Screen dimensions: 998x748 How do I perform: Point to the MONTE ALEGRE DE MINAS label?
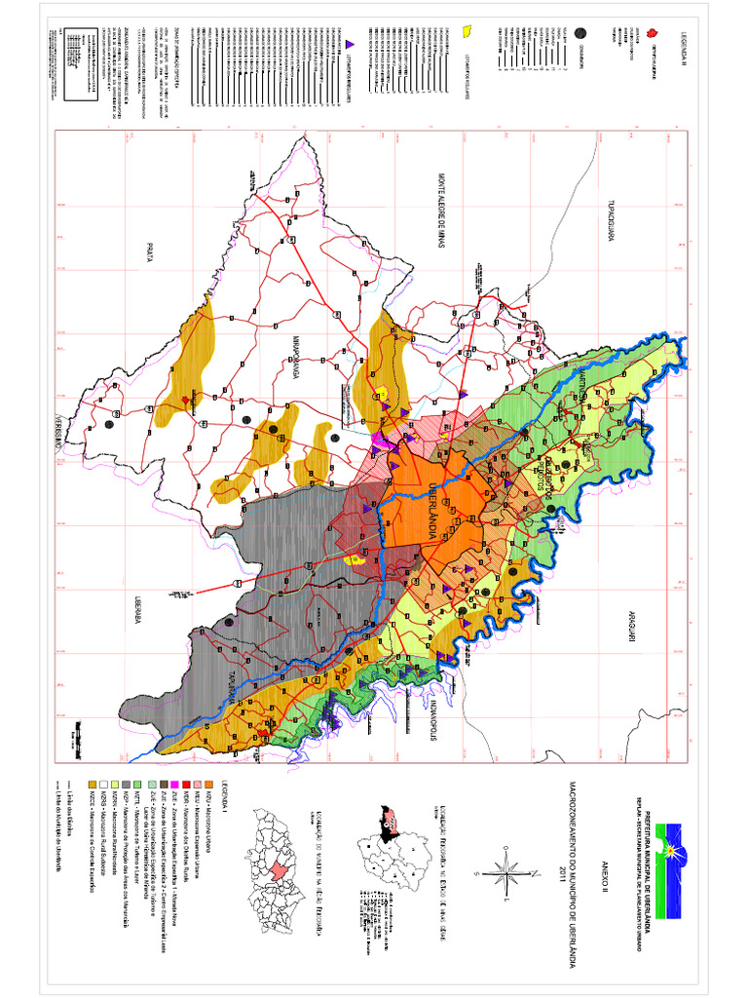point(440,213)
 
